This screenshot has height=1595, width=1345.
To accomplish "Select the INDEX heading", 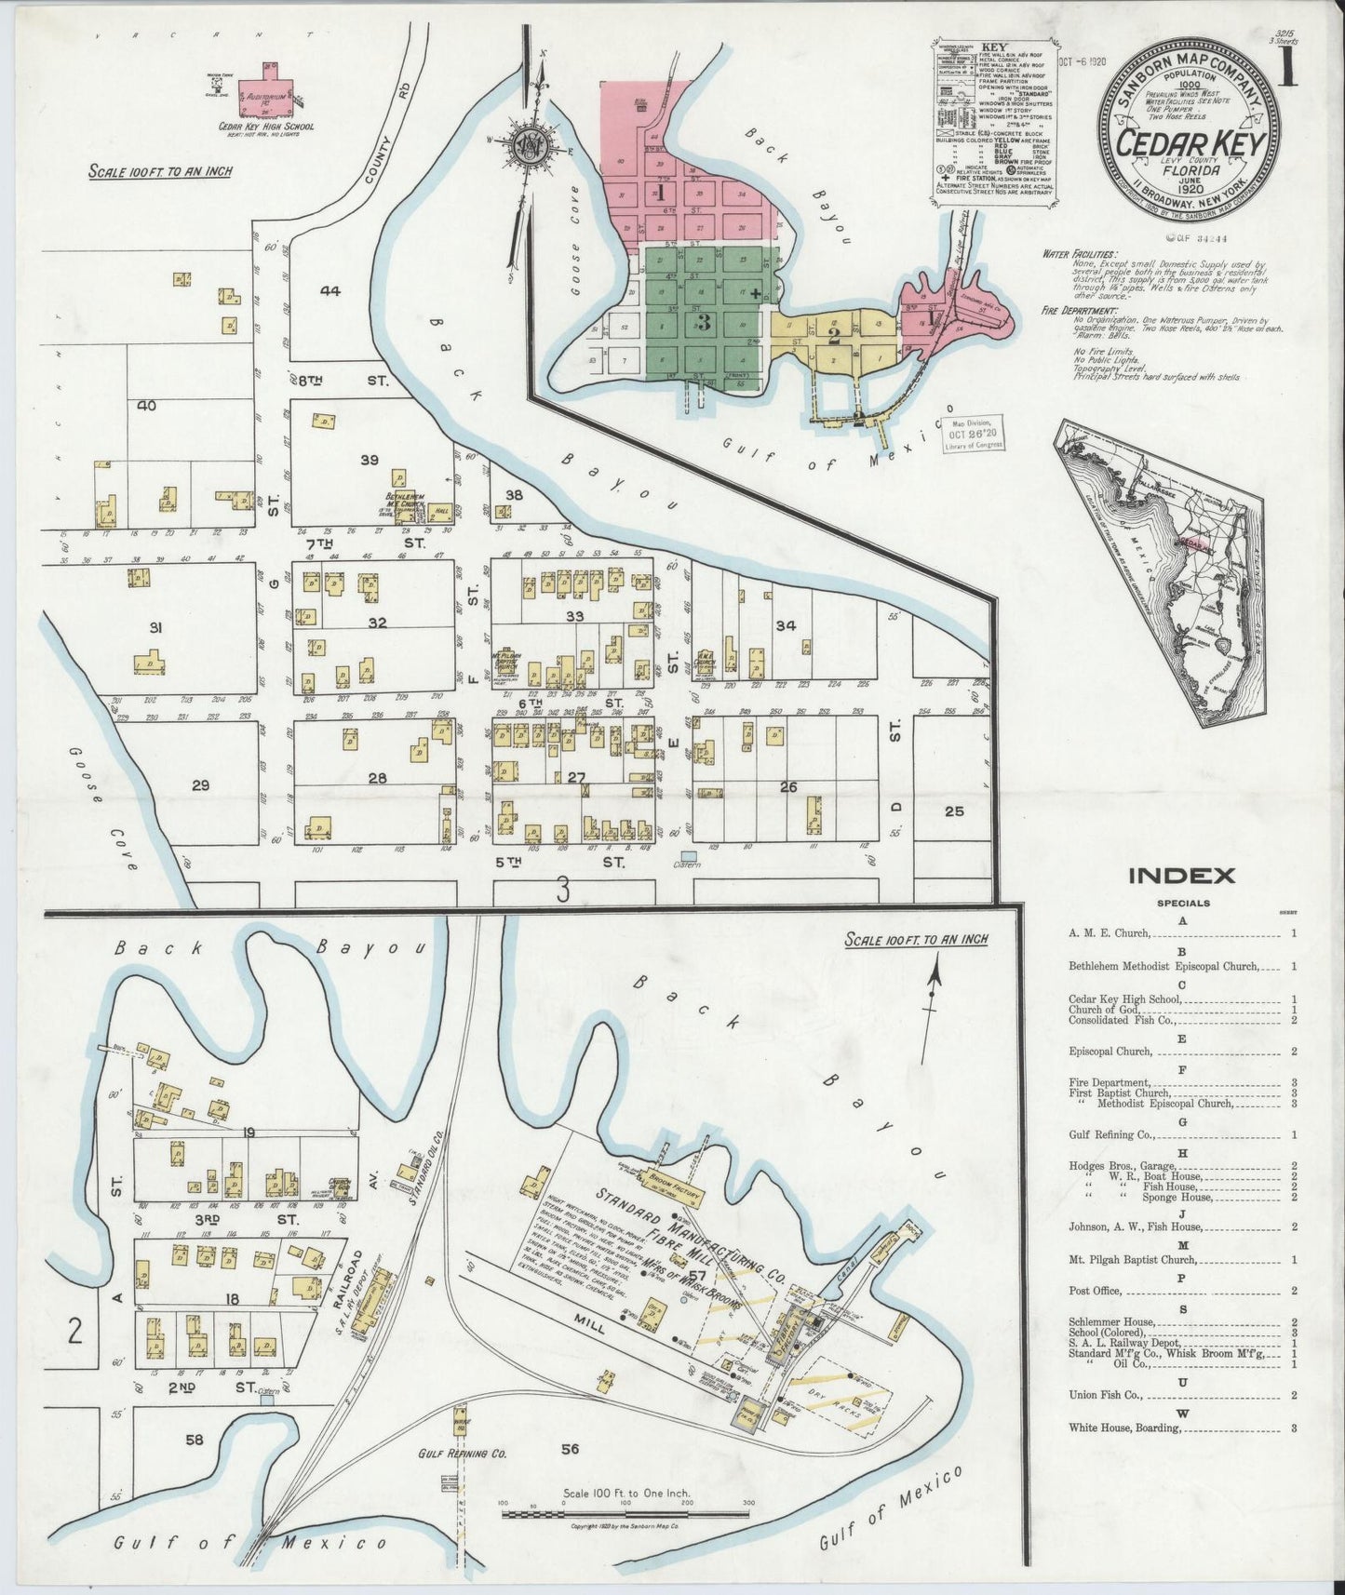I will [1181, 876].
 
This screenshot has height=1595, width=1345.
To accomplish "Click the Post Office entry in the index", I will [1096, 1292].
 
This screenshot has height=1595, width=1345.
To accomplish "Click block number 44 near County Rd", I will [330, 290].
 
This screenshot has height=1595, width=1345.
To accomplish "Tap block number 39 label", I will [370, 460].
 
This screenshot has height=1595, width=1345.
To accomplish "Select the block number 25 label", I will [953, 811].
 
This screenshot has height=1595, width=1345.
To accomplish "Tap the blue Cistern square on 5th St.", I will [688, 854].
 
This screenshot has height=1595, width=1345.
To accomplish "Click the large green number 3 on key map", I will [703, 323].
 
